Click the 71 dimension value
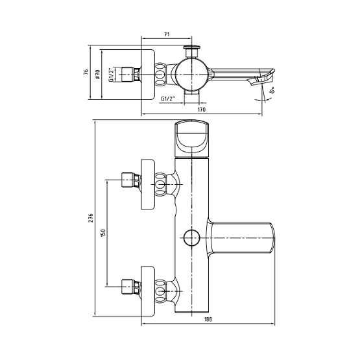coord(167,34)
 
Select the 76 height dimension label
coord(86,72)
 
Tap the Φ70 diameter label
coord(97,74)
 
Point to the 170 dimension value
coord(202,110)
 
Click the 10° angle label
coord(272,90)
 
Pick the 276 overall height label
coord(91,218)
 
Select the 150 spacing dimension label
coord(103,233)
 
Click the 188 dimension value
coord(208,319)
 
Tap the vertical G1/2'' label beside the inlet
coord(111,75)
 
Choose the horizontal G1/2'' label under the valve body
coord(168,99)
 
